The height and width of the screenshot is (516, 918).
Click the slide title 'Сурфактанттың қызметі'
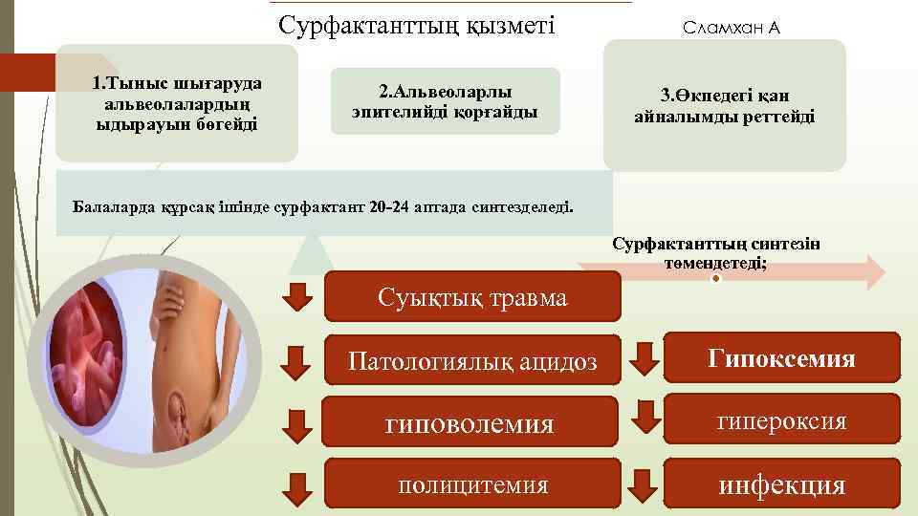pos(416,24)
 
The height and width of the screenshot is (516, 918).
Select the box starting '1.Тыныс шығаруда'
pos(177,103)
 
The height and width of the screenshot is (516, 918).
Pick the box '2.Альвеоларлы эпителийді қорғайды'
pos(445,102)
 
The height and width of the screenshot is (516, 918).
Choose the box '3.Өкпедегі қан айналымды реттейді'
pos(724,106)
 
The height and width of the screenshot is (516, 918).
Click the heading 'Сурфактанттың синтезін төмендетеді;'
pos(716,253)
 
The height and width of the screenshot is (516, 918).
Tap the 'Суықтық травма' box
pos(472,297)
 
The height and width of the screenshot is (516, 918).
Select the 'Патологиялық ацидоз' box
pos(472,361)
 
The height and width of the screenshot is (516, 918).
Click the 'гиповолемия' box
pos(472,422)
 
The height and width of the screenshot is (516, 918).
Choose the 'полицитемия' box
pos(472,484)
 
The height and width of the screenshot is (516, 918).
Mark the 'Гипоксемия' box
pos(781,358)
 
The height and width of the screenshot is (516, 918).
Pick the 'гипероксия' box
pos(781,420)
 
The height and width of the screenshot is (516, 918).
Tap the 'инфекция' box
pos(781,484)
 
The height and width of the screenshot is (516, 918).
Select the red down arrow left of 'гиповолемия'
pos(299,423)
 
